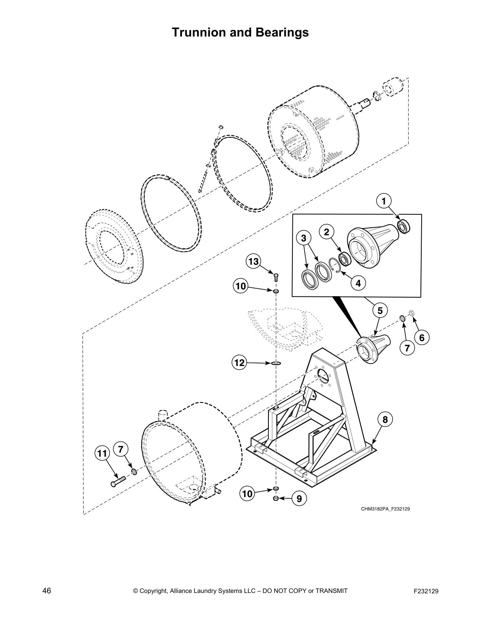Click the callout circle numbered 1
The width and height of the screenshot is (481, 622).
pos(384,201)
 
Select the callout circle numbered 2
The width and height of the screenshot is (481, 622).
pos(326,232)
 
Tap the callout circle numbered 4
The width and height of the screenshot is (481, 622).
pos(358,282)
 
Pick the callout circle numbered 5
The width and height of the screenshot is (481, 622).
pos(380,310)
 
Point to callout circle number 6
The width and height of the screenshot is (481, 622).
pos(422,337)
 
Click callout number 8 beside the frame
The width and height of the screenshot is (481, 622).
pos(385,419)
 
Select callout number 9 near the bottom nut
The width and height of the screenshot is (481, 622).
pos(299,499)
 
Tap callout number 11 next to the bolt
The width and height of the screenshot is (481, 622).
pos(102,454)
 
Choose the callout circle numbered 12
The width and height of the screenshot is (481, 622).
pos(239,362)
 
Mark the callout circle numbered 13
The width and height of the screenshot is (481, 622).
pos(254,261)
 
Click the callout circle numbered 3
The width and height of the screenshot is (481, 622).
pos(303,238)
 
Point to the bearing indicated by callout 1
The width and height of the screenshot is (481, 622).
pos(403,226)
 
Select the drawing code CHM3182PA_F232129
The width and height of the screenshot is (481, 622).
pos(386,509)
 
